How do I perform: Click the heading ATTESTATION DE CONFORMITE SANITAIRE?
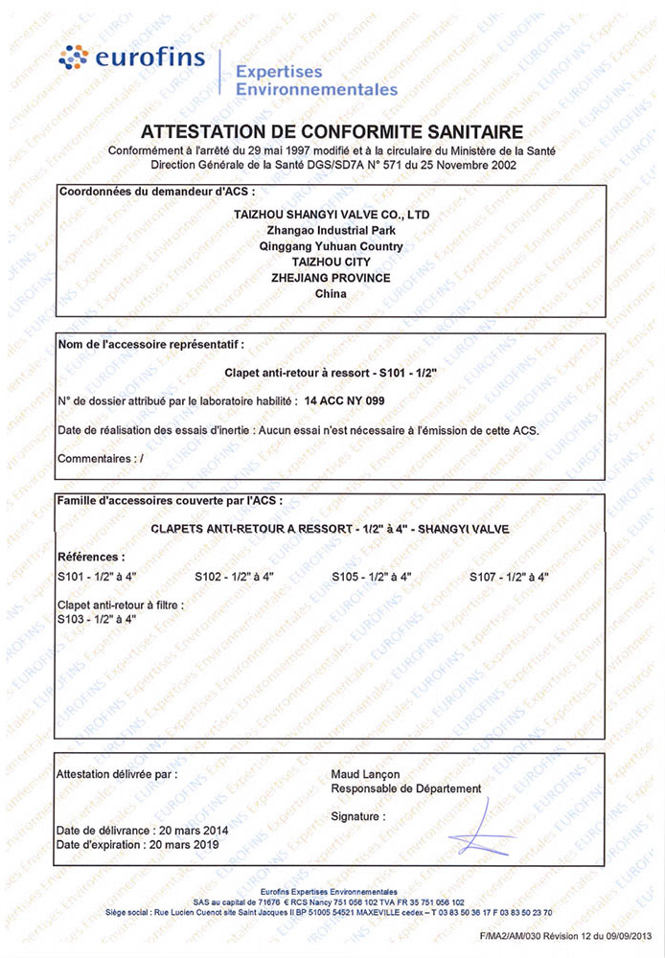[x=332, y=132]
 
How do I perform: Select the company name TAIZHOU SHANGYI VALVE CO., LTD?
[x=332, y=216]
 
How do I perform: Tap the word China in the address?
[x=331, y=293]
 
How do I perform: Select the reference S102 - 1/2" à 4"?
[x=234, y=576]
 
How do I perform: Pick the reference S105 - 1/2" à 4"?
[x=372, y=576]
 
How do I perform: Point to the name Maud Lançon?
[x=365, y=774]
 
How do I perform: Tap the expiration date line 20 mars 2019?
[x=137, y=845]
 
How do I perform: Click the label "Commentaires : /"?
[x=101, y=459]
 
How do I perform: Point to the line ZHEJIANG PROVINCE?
[x=331, y=277]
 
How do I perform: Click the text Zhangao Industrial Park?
[x=331, y=231]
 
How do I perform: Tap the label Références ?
[x=91, y=557]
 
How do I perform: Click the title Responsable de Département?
[x=406, y=788]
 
